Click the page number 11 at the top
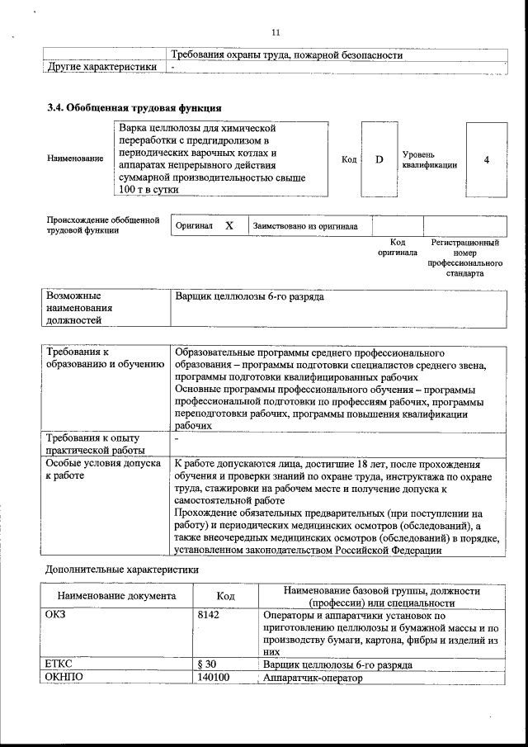[276, 32]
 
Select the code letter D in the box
[379, 159]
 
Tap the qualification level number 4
[486, 159]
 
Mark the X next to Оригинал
[229, 225]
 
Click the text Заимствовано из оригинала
[304, 225]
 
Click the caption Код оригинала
[397, 248]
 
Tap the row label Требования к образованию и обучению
[95, 358]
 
